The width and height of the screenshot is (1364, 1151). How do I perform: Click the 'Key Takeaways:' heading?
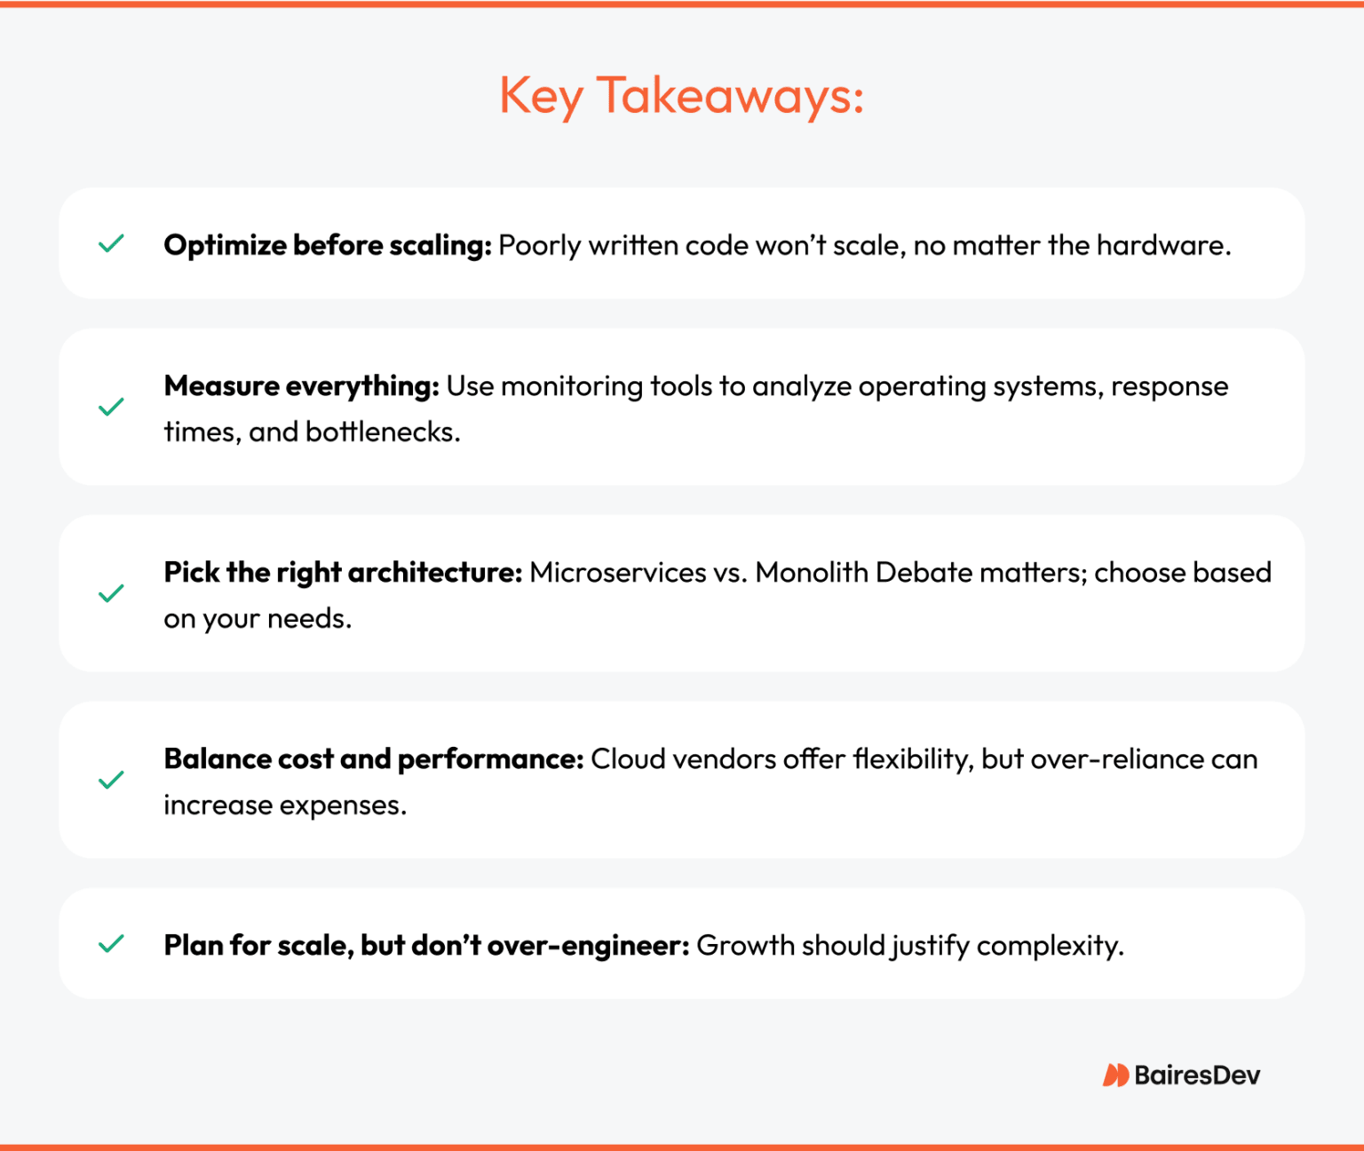(x=681, y=95)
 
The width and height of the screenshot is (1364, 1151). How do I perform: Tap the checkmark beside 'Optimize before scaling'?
(x=111, y=243)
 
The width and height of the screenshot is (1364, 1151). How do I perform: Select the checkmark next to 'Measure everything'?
(x=111, y=408)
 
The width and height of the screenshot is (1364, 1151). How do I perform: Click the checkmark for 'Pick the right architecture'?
(x=111, y=593)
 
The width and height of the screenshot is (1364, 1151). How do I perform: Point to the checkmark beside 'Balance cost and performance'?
(x=111, y=780)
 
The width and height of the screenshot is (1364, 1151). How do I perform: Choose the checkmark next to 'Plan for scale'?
(x=111, y=943)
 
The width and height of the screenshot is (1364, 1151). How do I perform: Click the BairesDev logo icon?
(x=1115, y=1076)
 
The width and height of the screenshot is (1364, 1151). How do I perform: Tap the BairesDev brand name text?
(x=1197, y=1076)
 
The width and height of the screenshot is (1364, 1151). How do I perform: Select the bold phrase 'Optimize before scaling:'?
(x=328, y=245)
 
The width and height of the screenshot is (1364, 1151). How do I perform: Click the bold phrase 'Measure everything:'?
(x=302, y=386)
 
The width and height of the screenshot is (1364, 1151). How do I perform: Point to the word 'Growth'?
(x=745, y=946)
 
